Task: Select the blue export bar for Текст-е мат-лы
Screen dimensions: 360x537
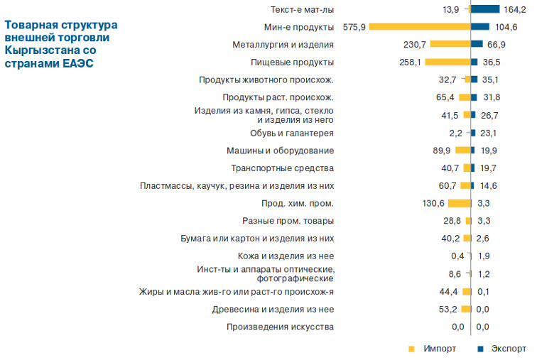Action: tap(485, 9)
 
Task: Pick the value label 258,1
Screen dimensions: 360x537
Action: tap(409, 62)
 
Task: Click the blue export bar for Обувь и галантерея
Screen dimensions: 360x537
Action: tap(472, 133)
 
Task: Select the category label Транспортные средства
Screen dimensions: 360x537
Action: tap(283, 168)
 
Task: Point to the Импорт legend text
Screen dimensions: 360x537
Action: tap(440, 349)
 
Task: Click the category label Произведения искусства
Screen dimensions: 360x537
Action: tap(280, 327)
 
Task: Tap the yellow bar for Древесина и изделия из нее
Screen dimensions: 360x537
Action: tap(466, 309)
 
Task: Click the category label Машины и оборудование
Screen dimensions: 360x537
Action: tap(280, 151)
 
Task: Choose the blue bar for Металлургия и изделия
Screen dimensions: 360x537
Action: tap(477, 44)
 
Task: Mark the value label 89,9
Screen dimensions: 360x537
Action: tap(442, 151)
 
